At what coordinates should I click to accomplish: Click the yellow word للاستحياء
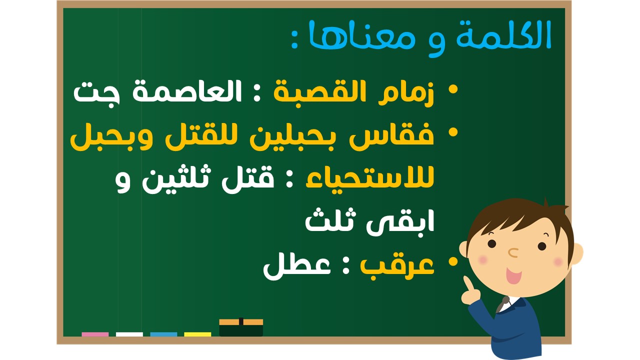point(370,177)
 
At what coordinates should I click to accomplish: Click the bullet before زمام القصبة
point(453,89)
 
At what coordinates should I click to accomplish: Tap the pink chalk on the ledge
point(95,334)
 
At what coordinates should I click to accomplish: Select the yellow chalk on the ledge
point(197,334)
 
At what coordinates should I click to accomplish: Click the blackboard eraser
point(241,327)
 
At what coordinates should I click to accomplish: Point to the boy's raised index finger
point(467,283)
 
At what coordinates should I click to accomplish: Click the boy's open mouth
point(513,275)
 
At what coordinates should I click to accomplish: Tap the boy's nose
point(513,252)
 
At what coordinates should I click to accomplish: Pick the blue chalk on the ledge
point(163,334)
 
